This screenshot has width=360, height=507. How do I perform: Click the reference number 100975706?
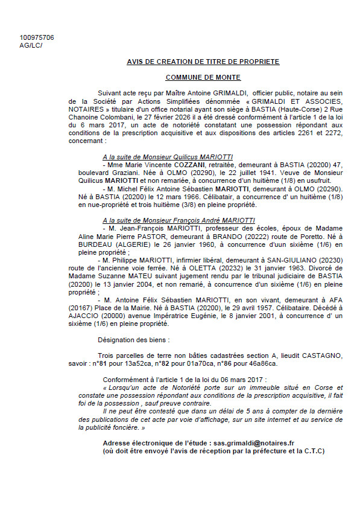click(36, 37)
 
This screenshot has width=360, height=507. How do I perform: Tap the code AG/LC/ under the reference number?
click(31, 45)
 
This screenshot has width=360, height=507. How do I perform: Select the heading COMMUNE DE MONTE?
click(203, 77)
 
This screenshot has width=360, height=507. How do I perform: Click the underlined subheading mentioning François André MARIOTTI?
click(178, 221)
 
